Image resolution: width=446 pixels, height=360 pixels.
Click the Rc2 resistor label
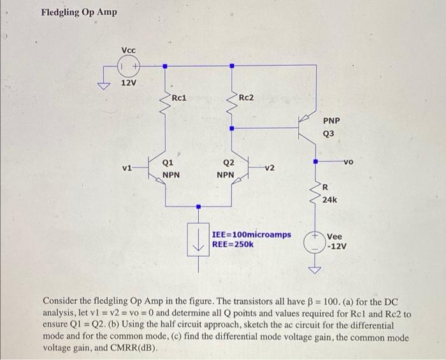(x=246, y=97)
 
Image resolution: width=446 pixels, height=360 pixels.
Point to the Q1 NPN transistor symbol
(x=159, y=168)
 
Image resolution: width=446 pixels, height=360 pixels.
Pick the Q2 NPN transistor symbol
(x=236, y=168)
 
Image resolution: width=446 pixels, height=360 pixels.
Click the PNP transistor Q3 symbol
(x=306, y=128)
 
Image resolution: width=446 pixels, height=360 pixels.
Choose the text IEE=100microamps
(x=251, y=235)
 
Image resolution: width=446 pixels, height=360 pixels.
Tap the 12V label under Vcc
(x=129, y=83)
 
